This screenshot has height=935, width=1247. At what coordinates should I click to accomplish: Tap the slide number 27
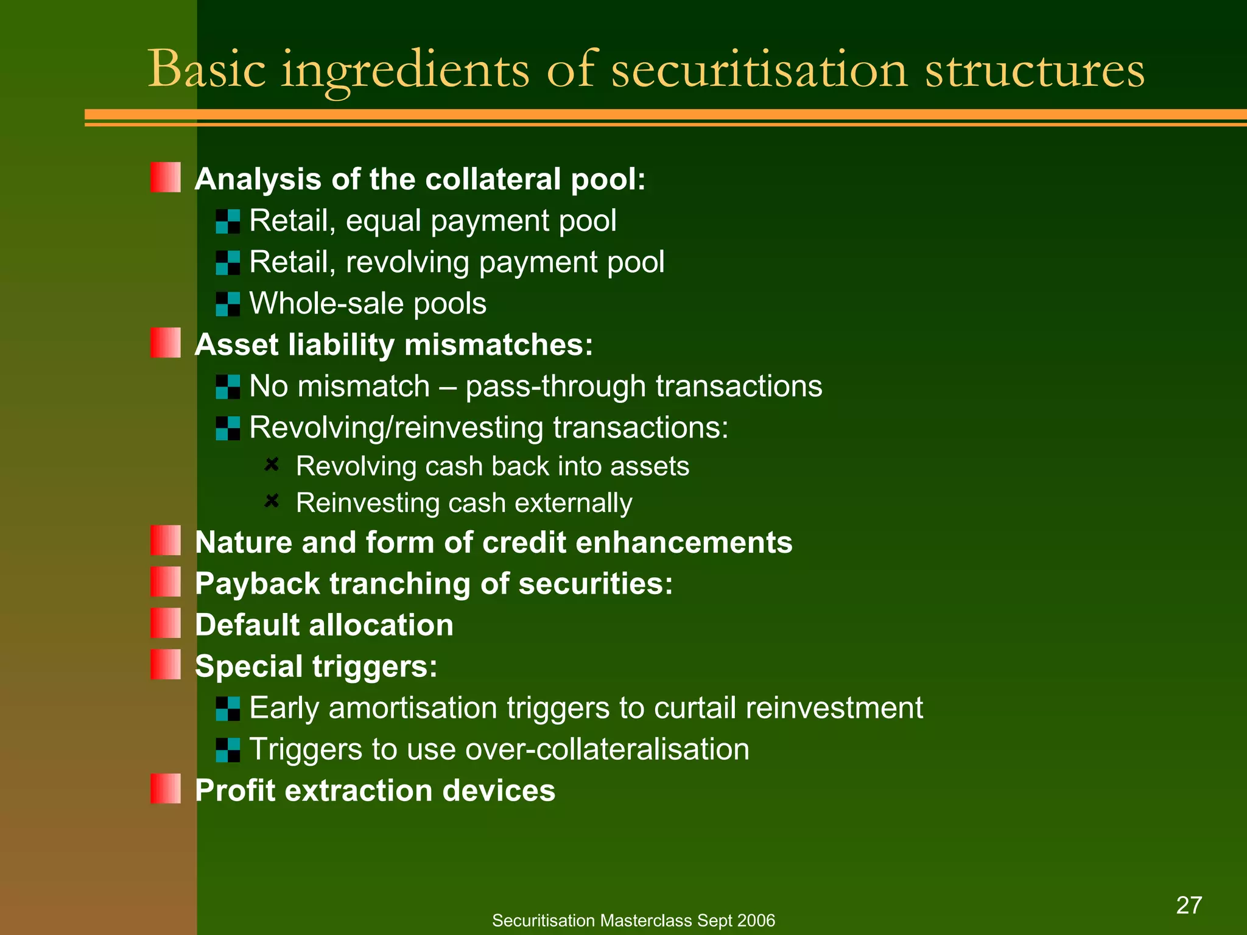[x=1189, y=905]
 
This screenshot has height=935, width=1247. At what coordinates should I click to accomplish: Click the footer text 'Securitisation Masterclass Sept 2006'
[x=633, y=920]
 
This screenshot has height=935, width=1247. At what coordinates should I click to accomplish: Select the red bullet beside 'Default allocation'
[x=166, y=623]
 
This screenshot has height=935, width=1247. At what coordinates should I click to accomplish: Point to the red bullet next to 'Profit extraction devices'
[x=166, y=788]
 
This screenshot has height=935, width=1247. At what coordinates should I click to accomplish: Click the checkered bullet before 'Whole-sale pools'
[x=228, y=304]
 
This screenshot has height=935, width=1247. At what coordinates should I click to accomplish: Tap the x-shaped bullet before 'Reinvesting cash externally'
[x=272, y=501]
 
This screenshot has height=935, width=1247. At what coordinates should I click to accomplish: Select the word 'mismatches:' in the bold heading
[x=499, y=345]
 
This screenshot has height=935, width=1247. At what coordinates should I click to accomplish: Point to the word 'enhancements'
[x=684, y=542]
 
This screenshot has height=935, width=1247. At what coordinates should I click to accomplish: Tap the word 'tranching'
[x=400, y=584]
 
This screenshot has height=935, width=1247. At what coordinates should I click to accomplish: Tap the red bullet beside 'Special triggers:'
[x=166, y=664]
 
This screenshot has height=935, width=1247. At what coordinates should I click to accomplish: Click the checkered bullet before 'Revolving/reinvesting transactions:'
[x=228, y=428]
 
